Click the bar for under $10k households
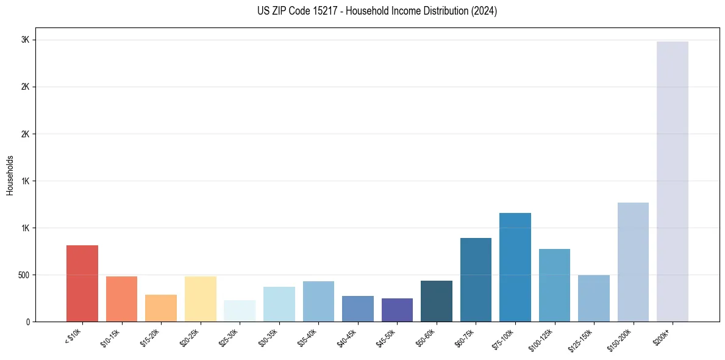(82, 283)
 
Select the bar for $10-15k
(121, 299)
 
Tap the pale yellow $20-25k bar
(201, 299)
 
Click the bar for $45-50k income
(397, 310)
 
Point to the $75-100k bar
(515, 267)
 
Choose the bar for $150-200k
(633, 262)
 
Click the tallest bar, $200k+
(673, 181)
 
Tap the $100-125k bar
(554, 285)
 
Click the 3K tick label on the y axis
(25, 40)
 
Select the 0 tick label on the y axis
(27, 322)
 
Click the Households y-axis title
(10, 175)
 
